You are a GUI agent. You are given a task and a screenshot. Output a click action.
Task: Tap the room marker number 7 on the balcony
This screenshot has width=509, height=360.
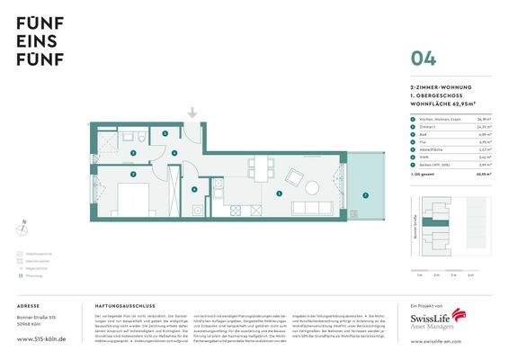[365, 194]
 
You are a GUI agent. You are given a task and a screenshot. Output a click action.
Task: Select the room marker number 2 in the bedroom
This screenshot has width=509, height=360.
[132, 175]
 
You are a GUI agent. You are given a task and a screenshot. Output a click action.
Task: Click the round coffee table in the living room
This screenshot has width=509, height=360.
[311, 188]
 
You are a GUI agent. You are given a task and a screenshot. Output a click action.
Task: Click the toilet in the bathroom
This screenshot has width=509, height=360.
[143, 137]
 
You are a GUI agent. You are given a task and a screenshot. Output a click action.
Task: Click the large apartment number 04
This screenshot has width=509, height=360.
[424, 58]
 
